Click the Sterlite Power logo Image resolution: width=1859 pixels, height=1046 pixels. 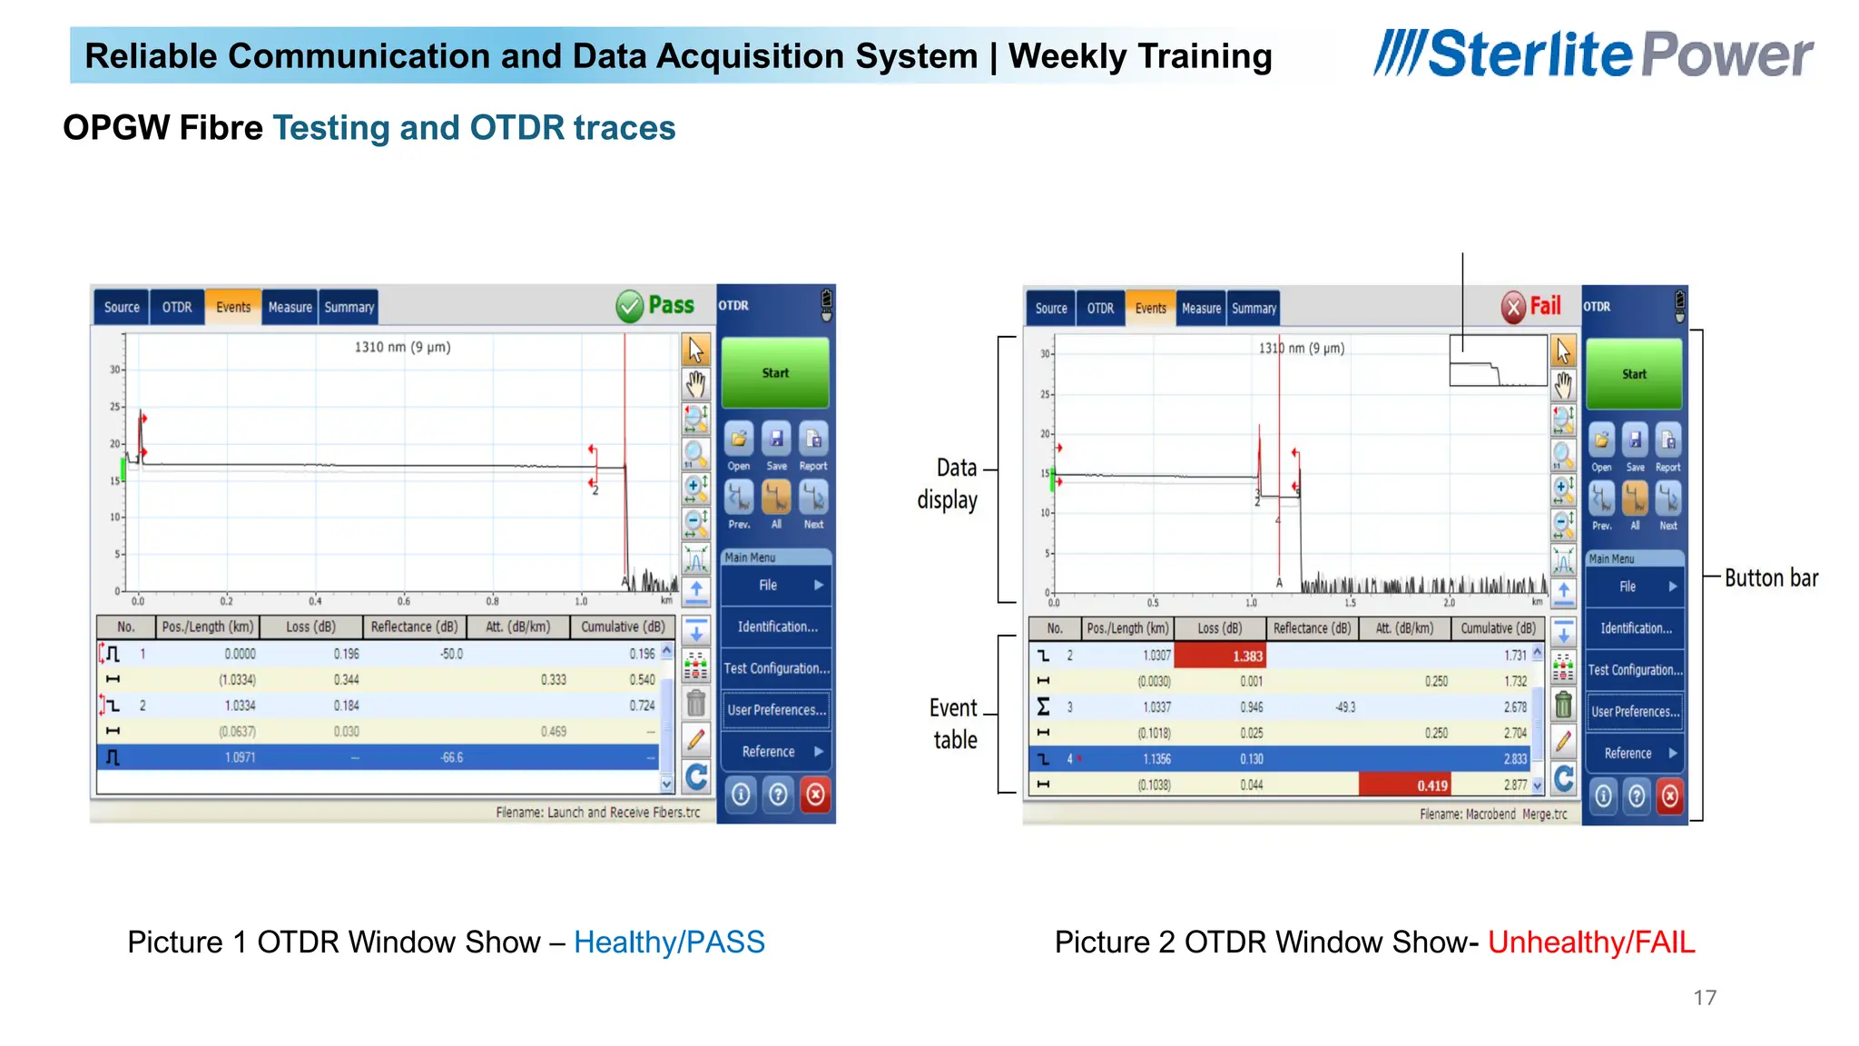click(x=1593, y=54)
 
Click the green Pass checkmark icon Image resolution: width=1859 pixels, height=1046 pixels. click(x=629, y=307)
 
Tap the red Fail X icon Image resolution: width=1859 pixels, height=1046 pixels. click(x=1513, y=308)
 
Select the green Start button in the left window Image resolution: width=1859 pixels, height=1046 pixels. click(x=775, y=373)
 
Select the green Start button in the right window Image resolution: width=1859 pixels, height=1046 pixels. click(x=1634, y=374)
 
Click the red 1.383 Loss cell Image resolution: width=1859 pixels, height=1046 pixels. click(x=1220, y=656)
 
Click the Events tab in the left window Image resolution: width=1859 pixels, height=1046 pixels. click(x=233, y=307)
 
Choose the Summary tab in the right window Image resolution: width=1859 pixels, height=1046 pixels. click(x=1254, y=309)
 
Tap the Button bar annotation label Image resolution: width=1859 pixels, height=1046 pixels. click(x=1771, y=578)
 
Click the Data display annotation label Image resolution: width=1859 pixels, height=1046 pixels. click(x=949, y=484)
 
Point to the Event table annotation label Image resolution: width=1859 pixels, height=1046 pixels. click(x=954, y=724)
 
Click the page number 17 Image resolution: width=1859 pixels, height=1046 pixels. click(x=1704, y=998)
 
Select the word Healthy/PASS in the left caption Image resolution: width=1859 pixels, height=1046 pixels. click(x=669, y=942)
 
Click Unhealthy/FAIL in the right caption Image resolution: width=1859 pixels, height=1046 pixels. click(x=1590, y=942)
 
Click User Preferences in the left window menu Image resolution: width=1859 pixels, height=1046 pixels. click(x=776, y=710)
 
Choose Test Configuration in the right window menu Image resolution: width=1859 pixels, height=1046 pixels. click(x=1635, y=670)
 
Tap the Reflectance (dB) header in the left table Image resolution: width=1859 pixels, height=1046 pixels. click(x=414, y=627)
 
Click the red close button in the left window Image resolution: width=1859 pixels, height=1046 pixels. click(x=816, y=795)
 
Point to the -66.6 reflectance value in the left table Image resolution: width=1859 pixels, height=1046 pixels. click(x=451, y=757)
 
